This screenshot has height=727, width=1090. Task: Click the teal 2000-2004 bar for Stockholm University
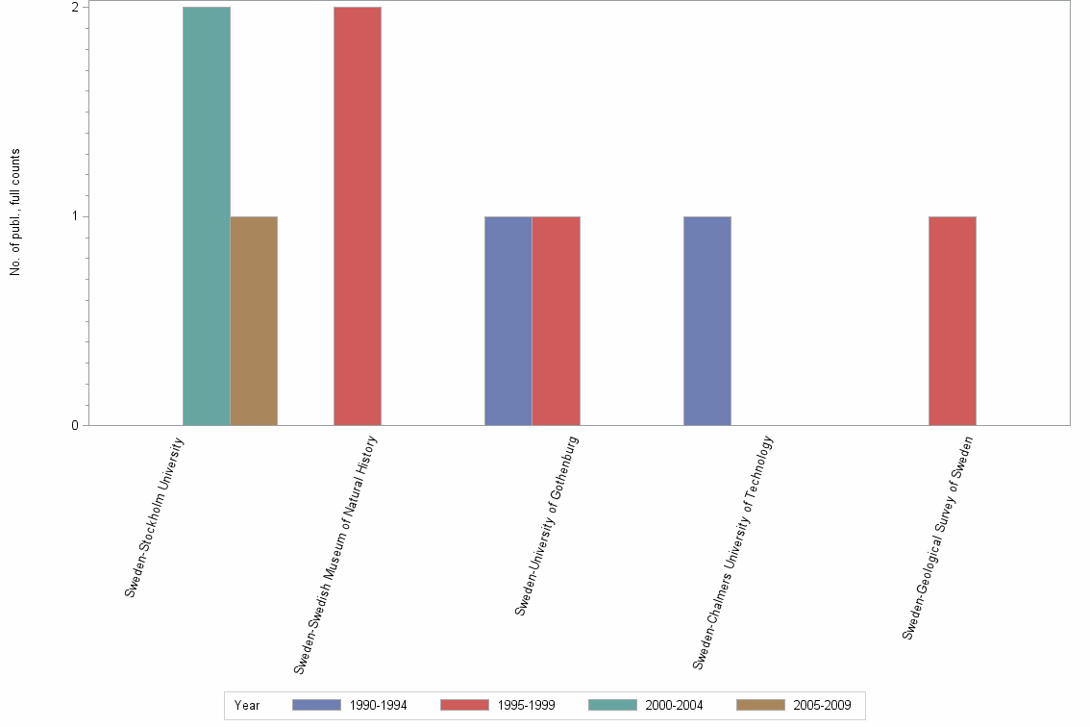pos(206,215)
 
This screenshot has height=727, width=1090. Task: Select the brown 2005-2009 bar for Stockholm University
pos(254,320)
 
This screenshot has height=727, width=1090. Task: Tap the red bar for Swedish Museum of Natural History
pos(358,215)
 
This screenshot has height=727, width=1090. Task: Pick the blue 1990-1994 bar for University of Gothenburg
pos(508,320)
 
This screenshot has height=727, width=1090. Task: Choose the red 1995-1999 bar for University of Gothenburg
pos(556,320)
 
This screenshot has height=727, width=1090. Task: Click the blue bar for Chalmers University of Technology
pos(706,320)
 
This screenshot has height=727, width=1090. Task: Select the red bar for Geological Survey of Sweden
pos(953,320)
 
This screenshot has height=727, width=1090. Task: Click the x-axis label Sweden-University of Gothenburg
pos(546,525)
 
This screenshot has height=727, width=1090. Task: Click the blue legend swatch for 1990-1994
pos(316,705)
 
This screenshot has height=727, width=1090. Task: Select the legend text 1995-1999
pos(526,705)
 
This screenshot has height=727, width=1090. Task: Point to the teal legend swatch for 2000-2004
pos(612,705)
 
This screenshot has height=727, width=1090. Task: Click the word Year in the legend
pos(247,705)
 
